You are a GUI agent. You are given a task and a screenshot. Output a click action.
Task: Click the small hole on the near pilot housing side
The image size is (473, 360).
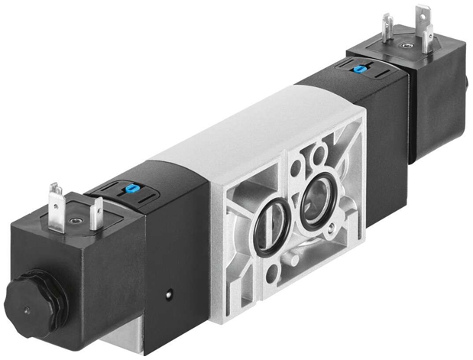pyautogui.click(x=166, y=290)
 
